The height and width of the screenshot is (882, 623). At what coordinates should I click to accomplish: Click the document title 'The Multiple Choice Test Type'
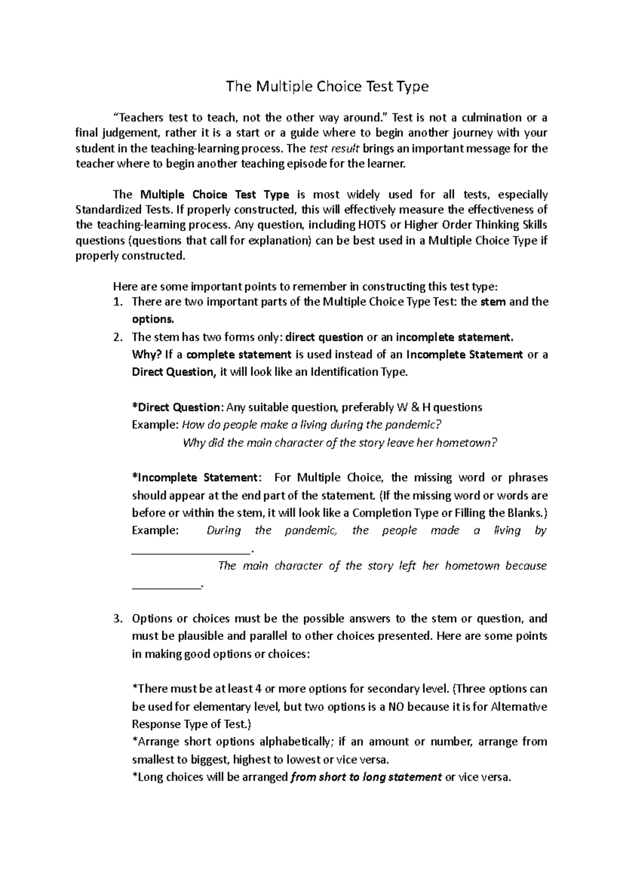point(327,86)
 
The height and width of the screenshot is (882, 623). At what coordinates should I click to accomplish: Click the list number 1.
point(117,302)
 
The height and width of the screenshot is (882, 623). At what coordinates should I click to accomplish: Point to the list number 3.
point(117,619)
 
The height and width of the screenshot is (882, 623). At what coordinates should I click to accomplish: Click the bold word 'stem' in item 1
point(494,302)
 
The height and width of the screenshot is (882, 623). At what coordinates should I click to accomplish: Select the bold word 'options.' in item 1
point(153,319)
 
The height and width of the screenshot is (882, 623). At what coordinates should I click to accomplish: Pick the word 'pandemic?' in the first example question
point(414,425)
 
